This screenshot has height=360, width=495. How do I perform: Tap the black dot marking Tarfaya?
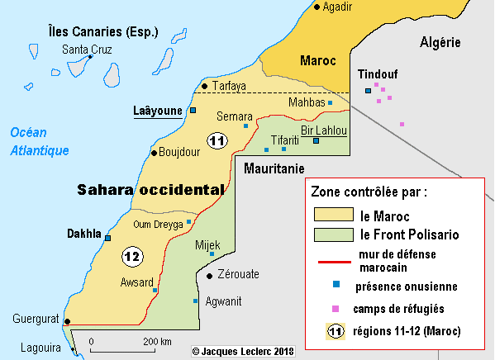tap(204, 85)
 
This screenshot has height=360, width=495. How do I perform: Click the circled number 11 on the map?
tap(217, 141)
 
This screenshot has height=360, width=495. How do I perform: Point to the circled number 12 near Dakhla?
tap(131, 257)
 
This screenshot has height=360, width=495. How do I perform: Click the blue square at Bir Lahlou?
tap(316, 141)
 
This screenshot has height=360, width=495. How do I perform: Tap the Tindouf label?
tap(375, 73)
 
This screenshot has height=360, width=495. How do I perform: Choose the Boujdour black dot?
tap(154, 152)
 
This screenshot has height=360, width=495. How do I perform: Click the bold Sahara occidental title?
tap(150, 189)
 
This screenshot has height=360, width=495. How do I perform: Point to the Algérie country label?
tap(440, 42)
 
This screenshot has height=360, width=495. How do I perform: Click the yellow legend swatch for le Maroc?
tap(333, 216)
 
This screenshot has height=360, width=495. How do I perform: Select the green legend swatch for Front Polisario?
tap(333, 235)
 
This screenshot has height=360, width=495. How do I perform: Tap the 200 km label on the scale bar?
tap(158, 342)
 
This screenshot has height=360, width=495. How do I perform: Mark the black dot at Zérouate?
tap(210, 276)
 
